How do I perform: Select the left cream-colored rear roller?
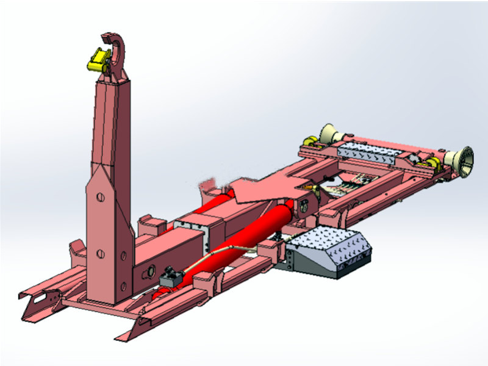329,134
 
